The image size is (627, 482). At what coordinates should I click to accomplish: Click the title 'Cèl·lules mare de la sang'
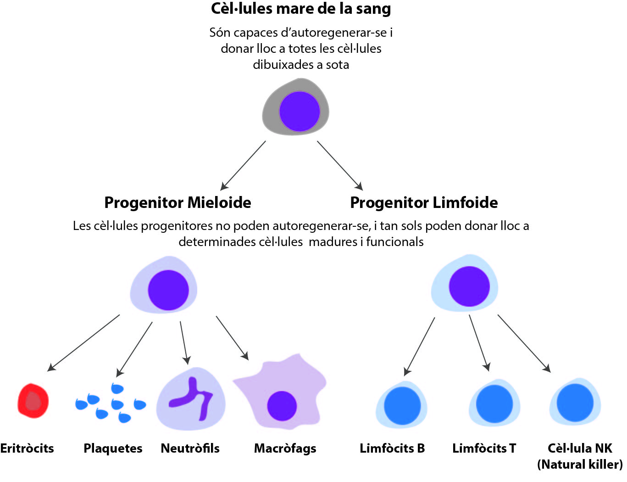(301, 9)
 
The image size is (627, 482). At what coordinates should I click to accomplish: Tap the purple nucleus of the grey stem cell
(299, 111)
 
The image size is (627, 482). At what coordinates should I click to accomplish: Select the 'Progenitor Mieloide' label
(178, 202)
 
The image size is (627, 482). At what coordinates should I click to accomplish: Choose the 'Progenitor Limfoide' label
(424, 202)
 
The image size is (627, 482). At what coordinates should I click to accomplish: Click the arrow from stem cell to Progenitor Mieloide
(243, 165)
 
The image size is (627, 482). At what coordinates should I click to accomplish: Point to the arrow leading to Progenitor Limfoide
(340, 165)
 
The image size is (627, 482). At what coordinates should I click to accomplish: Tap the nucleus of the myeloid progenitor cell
(168, 290)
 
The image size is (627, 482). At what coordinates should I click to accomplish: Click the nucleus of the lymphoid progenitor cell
(469, 286)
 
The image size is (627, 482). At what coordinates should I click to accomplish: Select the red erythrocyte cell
(33, 401)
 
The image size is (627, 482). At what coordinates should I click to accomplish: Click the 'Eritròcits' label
(27, 448)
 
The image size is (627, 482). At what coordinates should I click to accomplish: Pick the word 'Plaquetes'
(113, 448)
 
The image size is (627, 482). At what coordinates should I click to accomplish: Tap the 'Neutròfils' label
(190, 448)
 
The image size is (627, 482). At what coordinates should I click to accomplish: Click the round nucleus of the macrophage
(282, 406)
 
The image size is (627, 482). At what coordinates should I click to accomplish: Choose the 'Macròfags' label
(285, 448)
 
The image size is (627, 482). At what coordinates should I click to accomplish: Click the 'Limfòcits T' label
(484, 448)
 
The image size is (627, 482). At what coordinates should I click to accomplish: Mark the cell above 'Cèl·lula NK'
(575, 403)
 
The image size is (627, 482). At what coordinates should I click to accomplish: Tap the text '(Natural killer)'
(580, 465)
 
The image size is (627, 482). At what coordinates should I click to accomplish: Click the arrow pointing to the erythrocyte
(83, 342)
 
